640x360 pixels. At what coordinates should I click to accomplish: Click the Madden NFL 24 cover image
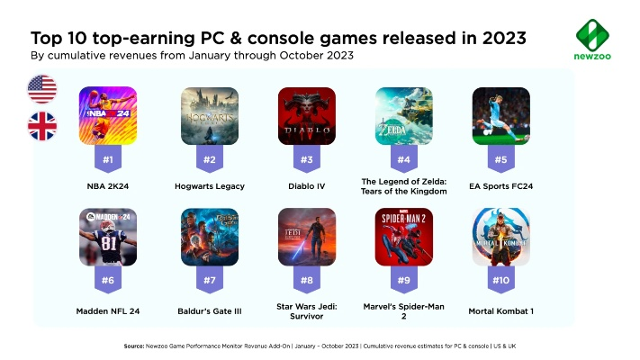click(108, 237)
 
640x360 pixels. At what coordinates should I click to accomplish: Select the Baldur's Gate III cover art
click(209, 237)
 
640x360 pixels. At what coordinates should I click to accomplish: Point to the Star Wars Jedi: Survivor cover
click(307, 237)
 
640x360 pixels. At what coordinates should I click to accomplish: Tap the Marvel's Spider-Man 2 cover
click(403, 237)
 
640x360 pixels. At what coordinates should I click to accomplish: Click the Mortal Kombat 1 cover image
click(500, 237)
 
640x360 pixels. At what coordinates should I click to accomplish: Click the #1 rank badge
click(108, 160)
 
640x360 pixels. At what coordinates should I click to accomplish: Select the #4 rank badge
click(403, 160)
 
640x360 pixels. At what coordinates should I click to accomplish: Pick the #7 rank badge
click(209, 281)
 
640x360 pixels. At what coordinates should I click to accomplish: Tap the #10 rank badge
click(500, 281)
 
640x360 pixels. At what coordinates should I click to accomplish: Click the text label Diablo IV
click(307, 186)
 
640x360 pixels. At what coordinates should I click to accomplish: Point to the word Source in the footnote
click(138, 346)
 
